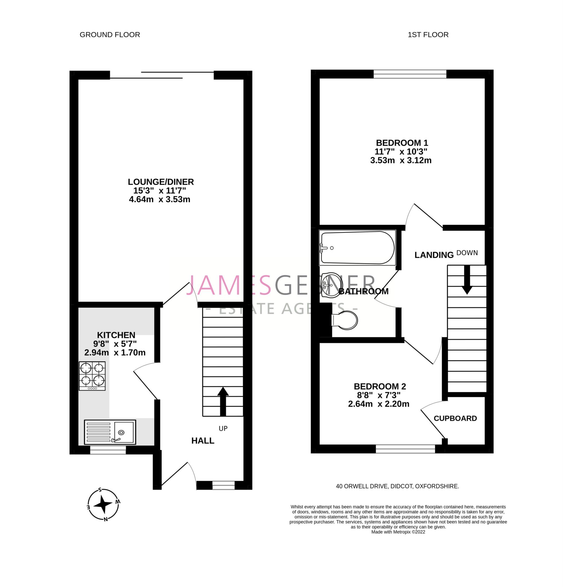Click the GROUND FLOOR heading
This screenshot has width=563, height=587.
110,35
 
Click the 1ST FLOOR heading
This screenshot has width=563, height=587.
428,35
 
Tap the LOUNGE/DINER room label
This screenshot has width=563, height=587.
161,182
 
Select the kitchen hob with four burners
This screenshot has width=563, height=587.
92,376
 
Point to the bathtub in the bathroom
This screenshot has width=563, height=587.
357,248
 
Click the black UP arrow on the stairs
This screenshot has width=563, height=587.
222,402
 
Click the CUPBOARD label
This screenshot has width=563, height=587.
455,418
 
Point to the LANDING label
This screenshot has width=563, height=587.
434,255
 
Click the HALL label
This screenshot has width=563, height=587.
203,441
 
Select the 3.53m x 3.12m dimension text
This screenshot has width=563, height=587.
401,160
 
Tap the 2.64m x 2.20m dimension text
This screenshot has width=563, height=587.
378,404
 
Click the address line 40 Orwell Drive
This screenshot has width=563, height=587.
397,487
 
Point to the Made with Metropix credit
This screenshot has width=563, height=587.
398,532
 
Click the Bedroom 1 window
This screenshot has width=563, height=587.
410,74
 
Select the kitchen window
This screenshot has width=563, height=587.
108,450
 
